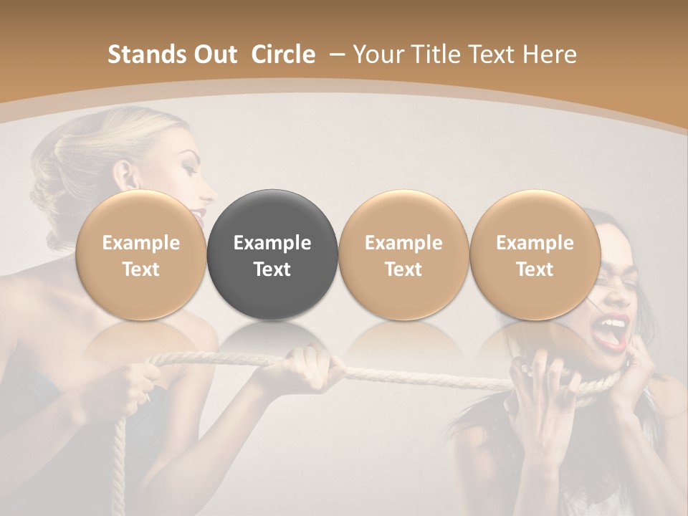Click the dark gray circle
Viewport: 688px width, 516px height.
coord(272,254)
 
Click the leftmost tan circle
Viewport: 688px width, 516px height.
coord(140,254)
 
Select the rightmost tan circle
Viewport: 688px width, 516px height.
coord(535,254)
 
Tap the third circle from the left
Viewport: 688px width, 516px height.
coord(403,254)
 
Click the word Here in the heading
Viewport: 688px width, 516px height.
coord(550,54)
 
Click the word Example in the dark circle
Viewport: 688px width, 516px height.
coord(272,243)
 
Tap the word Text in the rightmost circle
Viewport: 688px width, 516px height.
coord(535,269)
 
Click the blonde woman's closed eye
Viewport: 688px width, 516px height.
coord(188,172)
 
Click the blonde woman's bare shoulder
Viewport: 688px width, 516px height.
coord(43,301)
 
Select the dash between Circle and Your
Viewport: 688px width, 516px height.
coord(335,54)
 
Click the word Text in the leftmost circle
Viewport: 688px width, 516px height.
coord(140,269)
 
